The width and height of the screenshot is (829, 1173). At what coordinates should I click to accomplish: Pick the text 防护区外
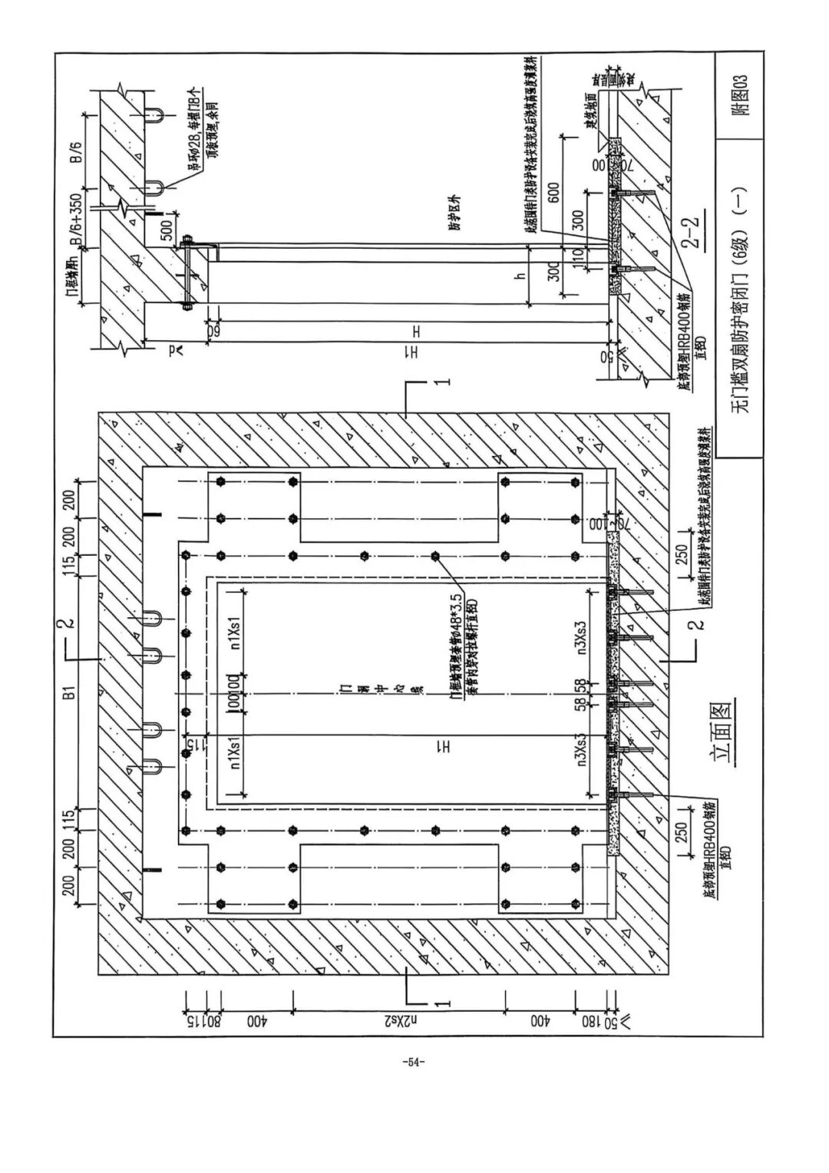pyautogui.click(x=455, y=217)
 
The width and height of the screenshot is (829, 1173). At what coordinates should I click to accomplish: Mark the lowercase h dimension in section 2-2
pyautogui.click(x=520, y=277)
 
